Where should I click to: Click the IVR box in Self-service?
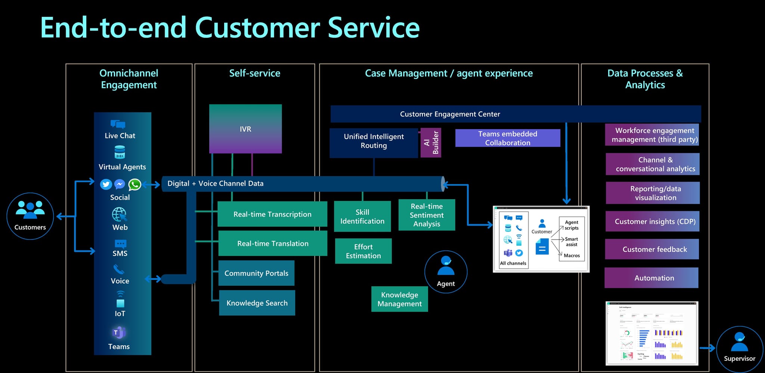pos(245,129)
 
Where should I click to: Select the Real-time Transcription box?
pos(272,214)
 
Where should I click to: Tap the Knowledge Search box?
pos(257,303)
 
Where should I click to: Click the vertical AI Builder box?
pos(431,142)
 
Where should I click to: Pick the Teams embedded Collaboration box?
pos(508,138)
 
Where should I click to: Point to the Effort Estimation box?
pos(363,251)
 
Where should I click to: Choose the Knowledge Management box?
pos(399,299)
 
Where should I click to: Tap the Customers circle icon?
pos(30,216)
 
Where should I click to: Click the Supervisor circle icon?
pos(739,349)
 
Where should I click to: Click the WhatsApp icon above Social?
pos(134,184)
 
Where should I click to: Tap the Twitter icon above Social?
pos(106,184)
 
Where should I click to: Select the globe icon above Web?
pos(119,214)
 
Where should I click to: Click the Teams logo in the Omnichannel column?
pos(119,332)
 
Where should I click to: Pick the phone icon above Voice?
pos(119,269)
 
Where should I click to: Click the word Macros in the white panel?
pos(572,256)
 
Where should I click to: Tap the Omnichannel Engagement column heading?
pos(129,79)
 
